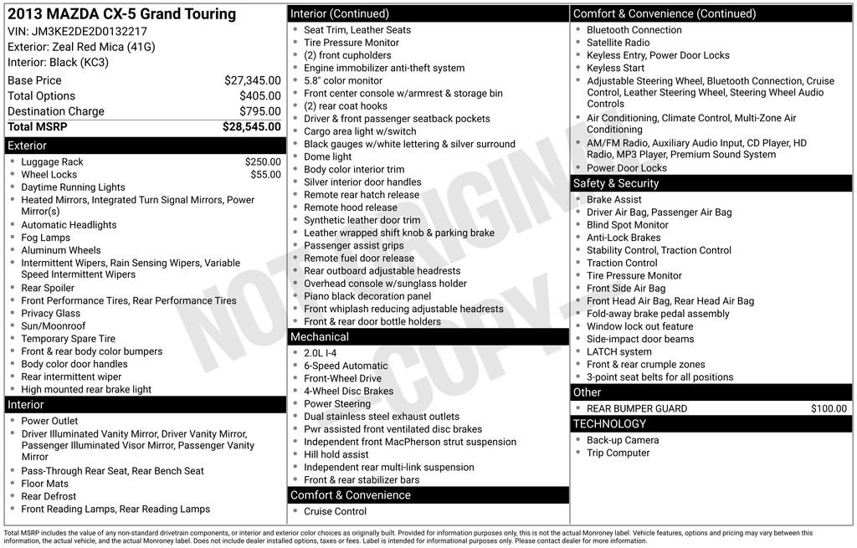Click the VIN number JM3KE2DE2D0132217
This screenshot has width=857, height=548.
click(90, 31)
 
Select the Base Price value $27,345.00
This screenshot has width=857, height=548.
click(252, 80)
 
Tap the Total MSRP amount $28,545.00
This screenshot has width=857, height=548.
click(251, 127)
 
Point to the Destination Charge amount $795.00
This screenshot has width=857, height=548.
click(259, 111)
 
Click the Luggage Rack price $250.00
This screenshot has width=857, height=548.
click(263, 162)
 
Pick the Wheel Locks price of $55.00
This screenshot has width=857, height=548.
click(265, 175)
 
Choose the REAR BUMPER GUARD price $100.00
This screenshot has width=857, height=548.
click(829, 409)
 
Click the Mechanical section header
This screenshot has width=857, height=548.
click(319, 337)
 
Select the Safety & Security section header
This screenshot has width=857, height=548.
click(616, 183)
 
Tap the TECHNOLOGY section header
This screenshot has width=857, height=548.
click(610, 424)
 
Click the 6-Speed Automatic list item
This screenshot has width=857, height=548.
click(346, 366)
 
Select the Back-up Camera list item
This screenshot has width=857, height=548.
click(623, 440)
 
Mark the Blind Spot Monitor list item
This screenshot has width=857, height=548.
click(627, 225)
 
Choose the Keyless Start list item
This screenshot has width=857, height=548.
click(615, 68)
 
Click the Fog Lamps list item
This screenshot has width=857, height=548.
click(46, 238)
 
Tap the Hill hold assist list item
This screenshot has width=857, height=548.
click(336, 454)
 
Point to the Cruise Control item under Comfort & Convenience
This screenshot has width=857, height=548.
click(335, 511)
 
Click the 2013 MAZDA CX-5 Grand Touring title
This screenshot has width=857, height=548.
click(121, 14)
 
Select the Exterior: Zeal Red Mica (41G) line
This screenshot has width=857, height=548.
click(81, 47)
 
